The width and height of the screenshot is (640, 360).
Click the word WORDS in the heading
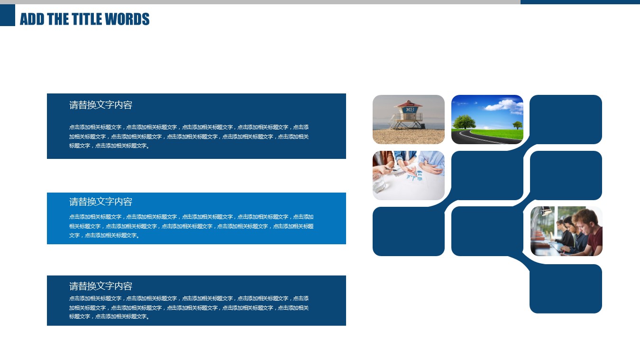127,19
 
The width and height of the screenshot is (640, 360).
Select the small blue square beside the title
8,15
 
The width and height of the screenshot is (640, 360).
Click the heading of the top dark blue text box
101,105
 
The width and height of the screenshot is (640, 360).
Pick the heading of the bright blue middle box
101,202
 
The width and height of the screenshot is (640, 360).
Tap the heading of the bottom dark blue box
101,286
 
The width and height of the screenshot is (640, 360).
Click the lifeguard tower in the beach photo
408,114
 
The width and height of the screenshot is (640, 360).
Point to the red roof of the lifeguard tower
408,103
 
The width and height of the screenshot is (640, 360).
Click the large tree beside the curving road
464,122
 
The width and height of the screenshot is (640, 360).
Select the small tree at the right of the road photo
517,125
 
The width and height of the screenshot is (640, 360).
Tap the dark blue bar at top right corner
580,2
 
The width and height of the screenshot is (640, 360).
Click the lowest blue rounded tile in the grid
566,289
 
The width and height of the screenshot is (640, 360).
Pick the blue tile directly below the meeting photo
409,231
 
